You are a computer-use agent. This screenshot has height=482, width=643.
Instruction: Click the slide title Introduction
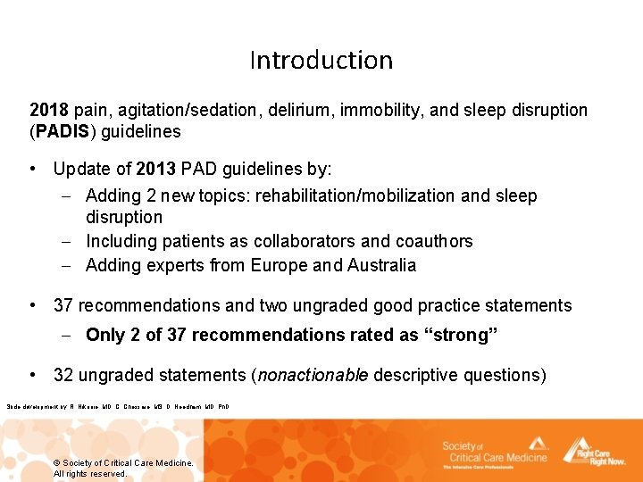(321, 61)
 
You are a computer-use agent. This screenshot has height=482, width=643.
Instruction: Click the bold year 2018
(49, 111)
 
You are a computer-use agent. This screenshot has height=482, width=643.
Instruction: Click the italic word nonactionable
(313, 375)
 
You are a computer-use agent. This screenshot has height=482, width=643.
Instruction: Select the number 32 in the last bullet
(63, 375)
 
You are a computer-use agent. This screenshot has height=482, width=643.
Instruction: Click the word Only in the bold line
(105, 336)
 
